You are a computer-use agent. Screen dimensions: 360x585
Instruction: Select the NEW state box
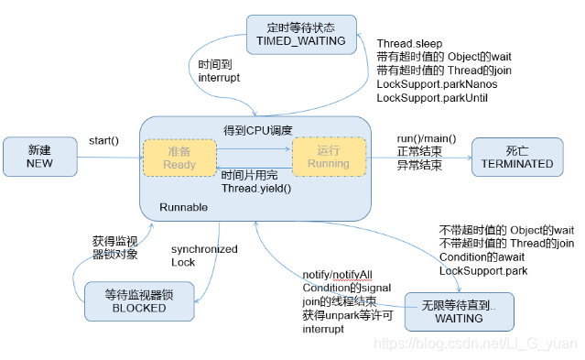39,156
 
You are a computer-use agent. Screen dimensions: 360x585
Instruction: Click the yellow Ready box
179,157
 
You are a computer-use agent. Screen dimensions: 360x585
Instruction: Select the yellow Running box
329,157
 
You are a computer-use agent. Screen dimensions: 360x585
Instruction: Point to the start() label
103,140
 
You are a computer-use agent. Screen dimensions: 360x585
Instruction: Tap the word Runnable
184,207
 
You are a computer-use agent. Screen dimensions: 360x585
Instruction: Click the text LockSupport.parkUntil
433,96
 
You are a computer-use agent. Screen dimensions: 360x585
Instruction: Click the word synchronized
204,249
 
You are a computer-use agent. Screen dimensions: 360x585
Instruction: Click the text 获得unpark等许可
345,315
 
